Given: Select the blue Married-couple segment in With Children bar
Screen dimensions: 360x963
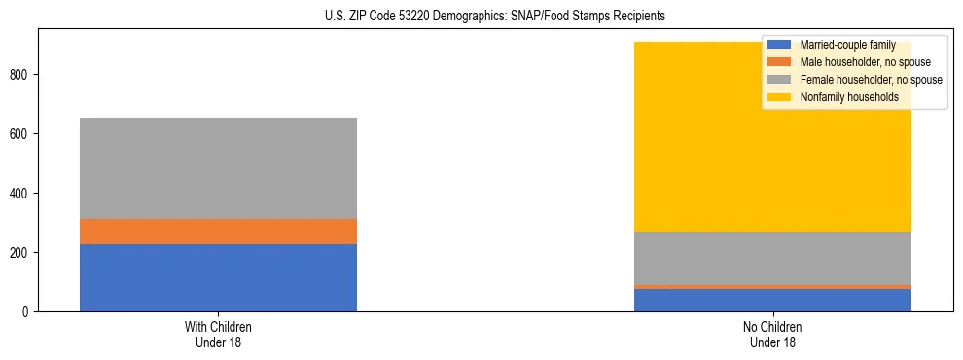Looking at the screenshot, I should [x=218, y=277].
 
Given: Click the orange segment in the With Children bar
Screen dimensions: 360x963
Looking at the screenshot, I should [x=218, y=232].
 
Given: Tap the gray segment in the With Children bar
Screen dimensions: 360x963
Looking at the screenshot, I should [x=218, y=168].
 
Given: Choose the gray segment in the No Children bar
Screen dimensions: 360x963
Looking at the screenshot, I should [x=772, y=258].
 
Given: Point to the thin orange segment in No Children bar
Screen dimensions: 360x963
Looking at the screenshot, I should [x=772, y=287].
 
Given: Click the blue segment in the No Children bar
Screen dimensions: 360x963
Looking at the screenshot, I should [x=772, y=300].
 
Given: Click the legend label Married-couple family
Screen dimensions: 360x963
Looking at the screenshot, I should [x=847, y=45].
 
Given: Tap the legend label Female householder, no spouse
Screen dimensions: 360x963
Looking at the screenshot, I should [x=871, y=80].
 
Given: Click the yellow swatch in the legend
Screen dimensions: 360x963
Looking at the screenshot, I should [x=779, y=97].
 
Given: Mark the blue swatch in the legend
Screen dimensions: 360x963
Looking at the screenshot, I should [x=779, y=45].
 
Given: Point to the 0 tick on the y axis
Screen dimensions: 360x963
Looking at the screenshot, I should [x=27, y=312].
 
